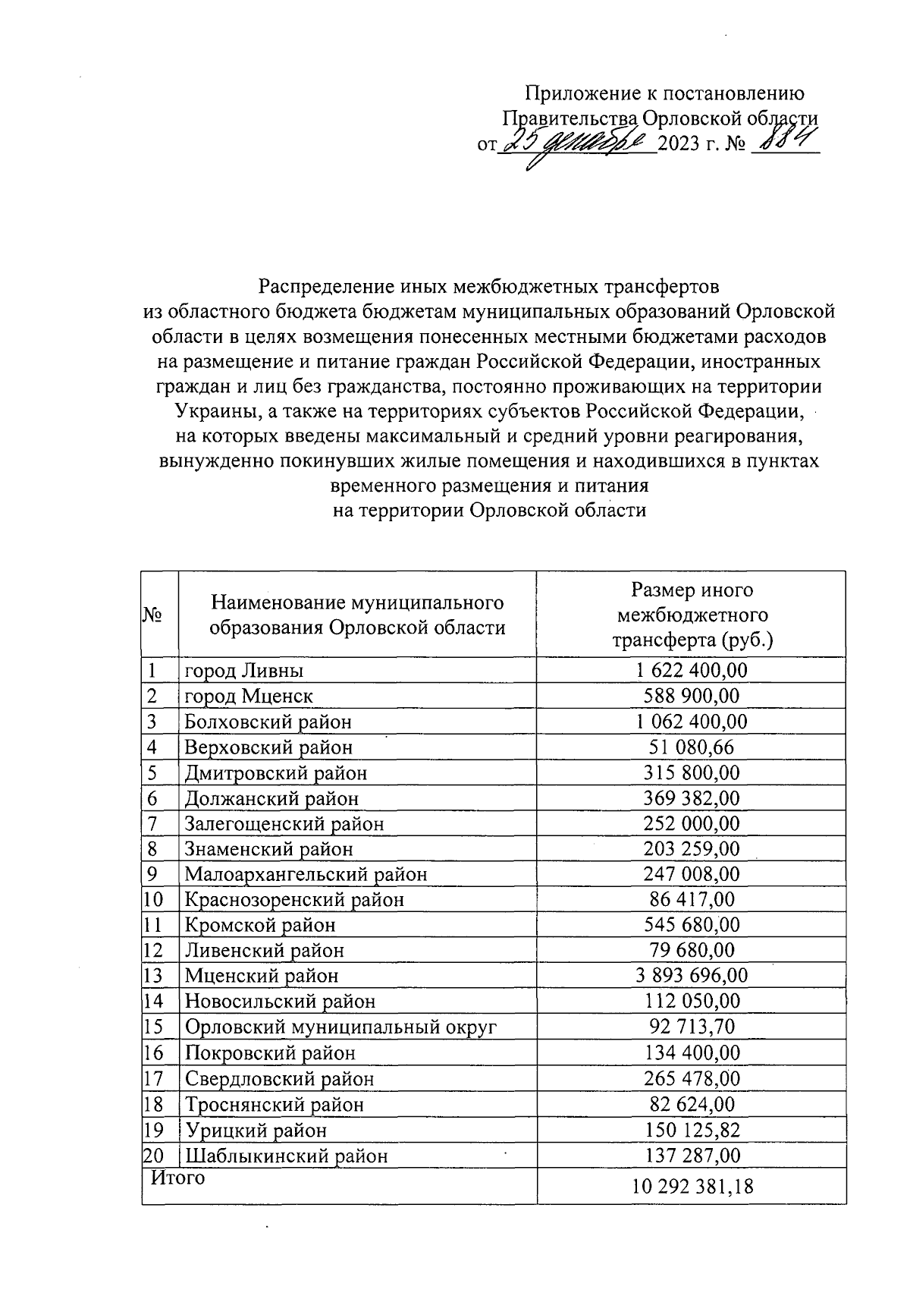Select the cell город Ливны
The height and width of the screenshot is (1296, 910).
click(244, 671)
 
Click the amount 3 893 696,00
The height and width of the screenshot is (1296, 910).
click(691, 976)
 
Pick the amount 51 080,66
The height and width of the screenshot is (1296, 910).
click(691, 747)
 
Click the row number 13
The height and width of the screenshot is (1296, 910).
click(153, 976)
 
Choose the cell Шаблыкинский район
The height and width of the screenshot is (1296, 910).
click(286, 1156)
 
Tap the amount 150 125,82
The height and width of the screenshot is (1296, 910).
click(691, 1131)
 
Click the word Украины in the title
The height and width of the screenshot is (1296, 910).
click(212, 411)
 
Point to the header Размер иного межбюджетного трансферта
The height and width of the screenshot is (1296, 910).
click(692, 615)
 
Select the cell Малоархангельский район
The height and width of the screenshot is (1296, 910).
click(306, 874)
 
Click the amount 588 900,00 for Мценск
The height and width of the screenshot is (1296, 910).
click(691, 696)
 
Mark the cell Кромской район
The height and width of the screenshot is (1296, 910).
click(259, 925)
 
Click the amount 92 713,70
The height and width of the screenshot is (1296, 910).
click(691, 1027)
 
